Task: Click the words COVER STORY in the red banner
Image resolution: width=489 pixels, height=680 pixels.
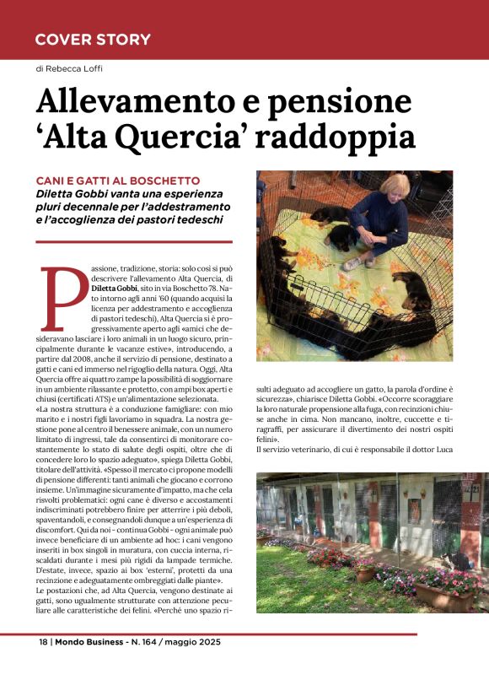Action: click(93, 39)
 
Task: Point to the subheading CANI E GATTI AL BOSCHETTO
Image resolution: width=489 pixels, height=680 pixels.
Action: click(118, 181)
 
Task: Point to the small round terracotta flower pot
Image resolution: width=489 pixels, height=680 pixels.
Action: click(365, 574)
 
